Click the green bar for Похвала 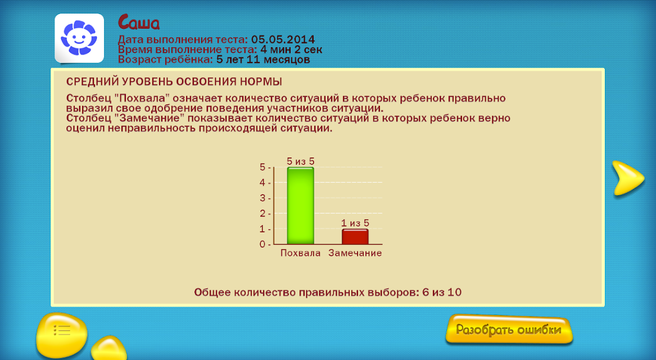[x=300, y=205]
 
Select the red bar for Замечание [x=355, y=236]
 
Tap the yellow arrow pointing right [x=627, y=178]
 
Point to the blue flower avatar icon [x=79, y=38]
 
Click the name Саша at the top [x=139, y=22]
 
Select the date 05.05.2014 [x=283, y=40]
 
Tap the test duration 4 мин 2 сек [x=291, y=50]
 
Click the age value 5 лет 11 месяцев [x=263, y=60]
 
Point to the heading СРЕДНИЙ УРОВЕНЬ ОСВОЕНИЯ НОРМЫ [x=174, y=82]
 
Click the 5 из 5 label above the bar [x=300, y=161]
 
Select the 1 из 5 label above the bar [x=355, y=223]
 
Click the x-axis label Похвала [x=300, y=253]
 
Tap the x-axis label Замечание [x=355, y=253]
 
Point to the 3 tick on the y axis [x=263, y=198]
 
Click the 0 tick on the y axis [x=263, y=244]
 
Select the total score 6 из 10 [x=442, y=292]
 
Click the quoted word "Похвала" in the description [x=144, y=98]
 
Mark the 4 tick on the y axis [x=263, y=182]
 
